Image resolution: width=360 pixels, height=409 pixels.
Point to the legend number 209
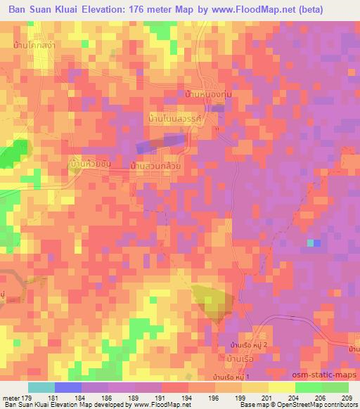coord(348,398)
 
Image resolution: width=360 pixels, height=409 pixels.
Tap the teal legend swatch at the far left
coord(41,387)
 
